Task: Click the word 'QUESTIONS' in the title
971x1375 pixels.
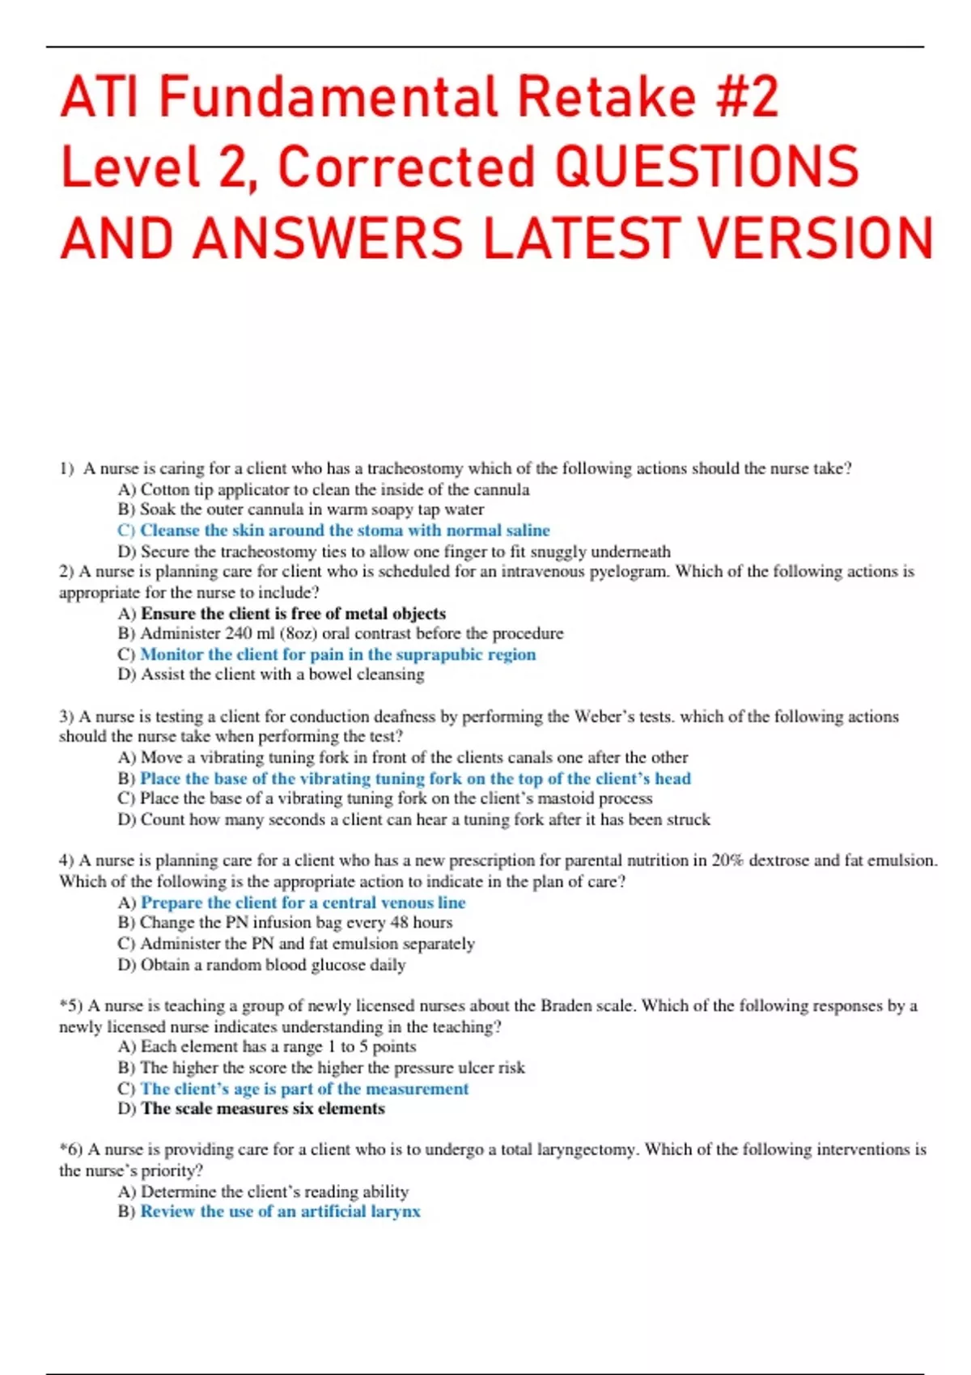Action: [708, 167]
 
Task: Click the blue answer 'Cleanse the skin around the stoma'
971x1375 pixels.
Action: [345, 531]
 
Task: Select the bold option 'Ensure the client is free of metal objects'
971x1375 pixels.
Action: [293, 614]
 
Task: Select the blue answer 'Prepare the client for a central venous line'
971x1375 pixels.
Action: [303, 903]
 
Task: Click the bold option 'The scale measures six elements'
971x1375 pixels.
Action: [262, 1109]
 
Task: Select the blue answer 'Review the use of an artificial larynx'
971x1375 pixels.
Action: [280, 1212]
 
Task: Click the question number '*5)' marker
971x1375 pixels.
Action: [71, 1006]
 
